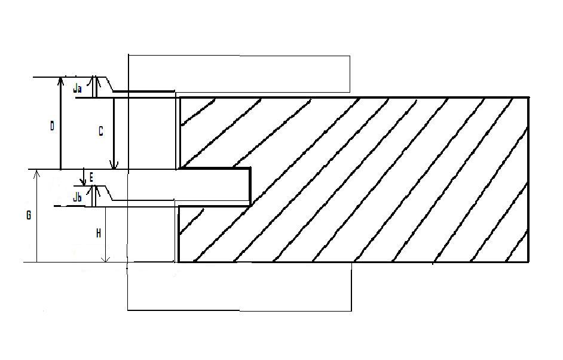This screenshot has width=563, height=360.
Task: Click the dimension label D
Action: [52, 126]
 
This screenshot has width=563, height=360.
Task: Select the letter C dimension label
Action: [100, 132]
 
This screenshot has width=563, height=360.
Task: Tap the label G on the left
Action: [28, 215]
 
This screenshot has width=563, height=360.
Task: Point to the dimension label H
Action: [98, 234]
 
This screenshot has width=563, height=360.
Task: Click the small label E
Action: [91, 177]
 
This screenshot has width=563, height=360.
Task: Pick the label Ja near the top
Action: [77, 89]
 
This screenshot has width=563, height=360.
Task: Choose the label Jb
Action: [77, 197]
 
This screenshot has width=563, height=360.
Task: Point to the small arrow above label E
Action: [84, 181]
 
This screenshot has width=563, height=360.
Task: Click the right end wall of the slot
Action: [250, 187]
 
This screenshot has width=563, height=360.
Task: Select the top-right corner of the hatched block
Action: [528, 97]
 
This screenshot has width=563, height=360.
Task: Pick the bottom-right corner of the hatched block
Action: [528, 262]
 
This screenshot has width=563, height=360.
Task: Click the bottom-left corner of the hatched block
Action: [179, 262]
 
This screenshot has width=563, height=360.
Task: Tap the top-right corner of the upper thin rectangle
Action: [350, 57]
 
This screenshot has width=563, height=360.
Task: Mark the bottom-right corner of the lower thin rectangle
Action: [351, 310]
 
